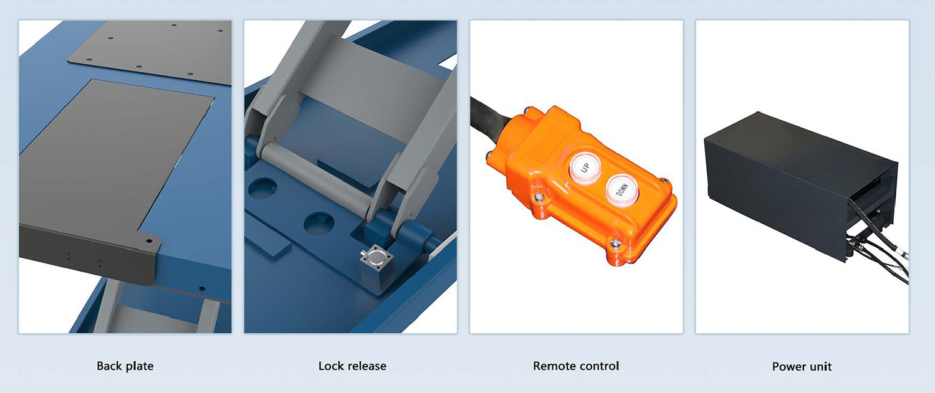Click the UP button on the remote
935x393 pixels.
(x=585, y=168)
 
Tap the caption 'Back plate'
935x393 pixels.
(x=125, y=366)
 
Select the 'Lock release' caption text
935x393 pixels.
(x=352, y=366)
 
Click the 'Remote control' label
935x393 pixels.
(x=576, y=366)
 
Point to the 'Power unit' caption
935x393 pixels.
(x=802, y=367)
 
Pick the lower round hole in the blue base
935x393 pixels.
(x=318, y=223)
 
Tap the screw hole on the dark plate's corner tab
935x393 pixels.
(x=148, y=241)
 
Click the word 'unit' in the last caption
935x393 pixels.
(x=819, y=367)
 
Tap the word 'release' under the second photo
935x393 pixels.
(x=365, y=366)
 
